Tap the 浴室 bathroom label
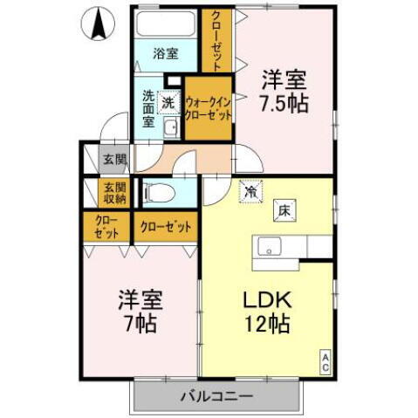(x=167, y=53)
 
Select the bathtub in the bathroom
(x=167, y=24)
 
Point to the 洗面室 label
(x=147, y=108)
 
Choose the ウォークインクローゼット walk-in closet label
(x=208, y=109)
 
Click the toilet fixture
(x=161, y=192)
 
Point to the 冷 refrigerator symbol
(x=250, y=191)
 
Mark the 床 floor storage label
(x=284, y=209)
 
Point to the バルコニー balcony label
(x=216, y=397)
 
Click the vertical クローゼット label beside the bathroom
(x=215, y=38)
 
